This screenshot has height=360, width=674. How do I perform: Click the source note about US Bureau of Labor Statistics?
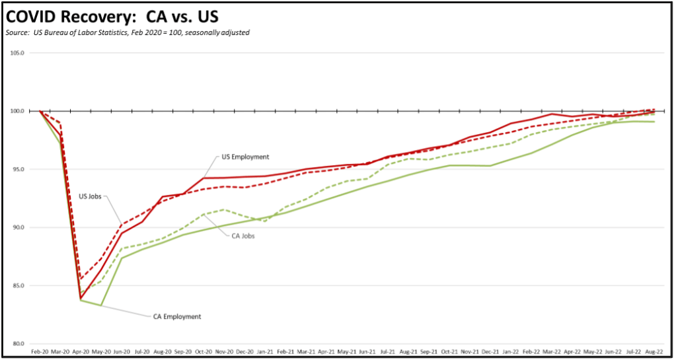pyautogui.click(x=128, y=32)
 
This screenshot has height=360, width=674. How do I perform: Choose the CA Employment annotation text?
pyautogui.click(x=174, y=316)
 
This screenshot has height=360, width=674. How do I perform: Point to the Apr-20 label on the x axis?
pyautogui.click(x=81, y=352)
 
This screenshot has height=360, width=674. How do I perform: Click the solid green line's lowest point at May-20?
pyautogui.click(x=101, y=305)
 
